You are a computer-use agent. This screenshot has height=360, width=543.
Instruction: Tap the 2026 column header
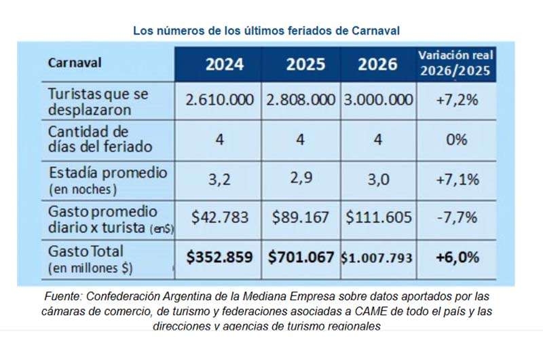pos(377,64)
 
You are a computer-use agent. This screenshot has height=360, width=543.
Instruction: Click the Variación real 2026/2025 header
pos(455,63)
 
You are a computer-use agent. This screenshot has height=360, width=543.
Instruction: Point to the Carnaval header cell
pos(75,62)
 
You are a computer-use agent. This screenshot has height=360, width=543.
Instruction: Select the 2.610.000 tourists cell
pos(219,100)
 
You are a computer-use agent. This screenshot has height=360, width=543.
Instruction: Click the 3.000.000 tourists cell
pos(378,100)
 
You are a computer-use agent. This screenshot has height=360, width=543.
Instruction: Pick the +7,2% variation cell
pos(457,100)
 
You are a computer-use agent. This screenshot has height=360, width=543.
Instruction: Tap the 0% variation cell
pos(457,139)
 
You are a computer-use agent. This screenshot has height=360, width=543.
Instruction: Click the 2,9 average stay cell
pos(301,179)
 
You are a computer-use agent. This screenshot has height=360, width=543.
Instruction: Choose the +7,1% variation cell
pos(457,179)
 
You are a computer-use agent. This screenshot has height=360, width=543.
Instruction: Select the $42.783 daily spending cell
pos(219,217)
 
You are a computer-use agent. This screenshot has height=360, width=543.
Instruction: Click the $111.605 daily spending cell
pos(378,217)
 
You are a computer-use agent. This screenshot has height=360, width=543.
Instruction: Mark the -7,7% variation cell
pos(457,217)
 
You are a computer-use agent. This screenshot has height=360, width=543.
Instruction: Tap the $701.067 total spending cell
pos(301,257)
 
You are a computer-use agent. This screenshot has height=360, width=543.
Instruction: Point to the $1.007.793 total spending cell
pos(378,258)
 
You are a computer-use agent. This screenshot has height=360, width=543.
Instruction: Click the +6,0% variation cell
pos(457,257)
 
